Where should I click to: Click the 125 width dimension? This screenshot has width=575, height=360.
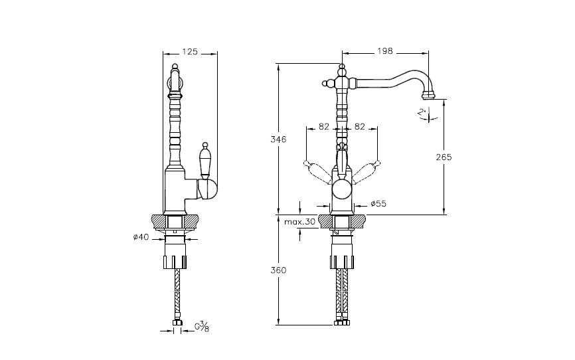coord(191,50)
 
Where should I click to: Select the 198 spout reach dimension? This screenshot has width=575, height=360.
coord(384,50)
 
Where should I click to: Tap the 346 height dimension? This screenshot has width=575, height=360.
coord(279,139)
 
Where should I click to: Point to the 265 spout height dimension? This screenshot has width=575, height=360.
coord(444,157)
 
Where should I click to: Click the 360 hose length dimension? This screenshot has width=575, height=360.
coord(279,270)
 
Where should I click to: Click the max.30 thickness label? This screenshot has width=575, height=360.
coord(300,222)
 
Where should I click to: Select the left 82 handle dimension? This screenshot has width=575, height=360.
coord(324,126)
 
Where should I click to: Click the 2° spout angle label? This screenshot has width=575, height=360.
coord(422,113)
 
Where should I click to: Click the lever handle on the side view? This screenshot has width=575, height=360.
coord(204,161)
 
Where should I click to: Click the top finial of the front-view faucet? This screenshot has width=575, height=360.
coord(342,67)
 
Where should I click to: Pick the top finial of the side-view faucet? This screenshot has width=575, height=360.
coord(175,67)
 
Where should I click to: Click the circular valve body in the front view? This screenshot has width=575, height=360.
coord(342,191)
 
